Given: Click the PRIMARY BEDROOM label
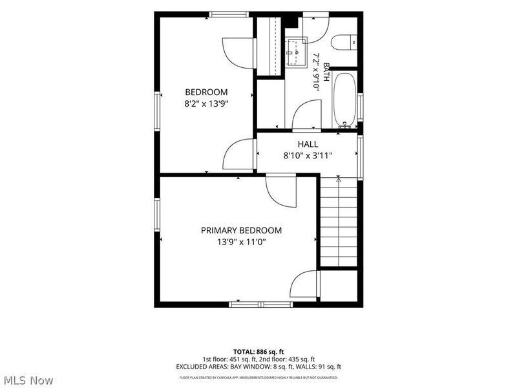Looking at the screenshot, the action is point(241,230).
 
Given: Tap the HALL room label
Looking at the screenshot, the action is point(308,144).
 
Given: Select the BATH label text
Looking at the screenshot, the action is point(326,72).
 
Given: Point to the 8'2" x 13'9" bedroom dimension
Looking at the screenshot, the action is point(206,104).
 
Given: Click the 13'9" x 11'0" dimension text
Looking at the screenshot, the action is point(241,242).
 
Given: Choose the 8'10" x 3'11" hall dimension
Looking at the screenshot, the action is point(308,155).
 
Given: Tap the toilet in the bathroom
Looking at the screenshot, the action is point(344,42).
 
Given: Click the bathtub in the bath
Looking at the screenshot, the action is point(344,100).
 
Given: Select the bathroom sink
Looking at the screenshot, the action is point(297,52).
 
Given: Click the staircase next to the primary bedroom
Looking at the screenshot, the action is point(339,221).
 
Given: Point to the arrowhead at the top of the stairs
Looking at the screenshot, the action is point(338,180).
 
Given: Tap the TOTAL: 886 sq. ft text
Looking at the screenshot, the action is point(258,352).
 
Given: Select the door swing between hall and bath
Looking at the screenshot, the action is point(307,114).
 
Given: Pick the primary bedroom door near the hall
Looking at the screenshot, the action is point(281,190).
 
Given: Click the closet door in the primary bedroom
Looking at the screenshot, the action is point(304,284).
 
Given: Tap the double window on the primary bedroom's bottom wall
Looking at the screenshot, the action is point(261,304).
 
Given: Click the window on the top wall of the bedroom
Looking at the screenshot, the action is point(229,14).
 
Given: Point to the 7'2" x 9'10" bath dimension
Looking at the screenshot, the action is point(317,71).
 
